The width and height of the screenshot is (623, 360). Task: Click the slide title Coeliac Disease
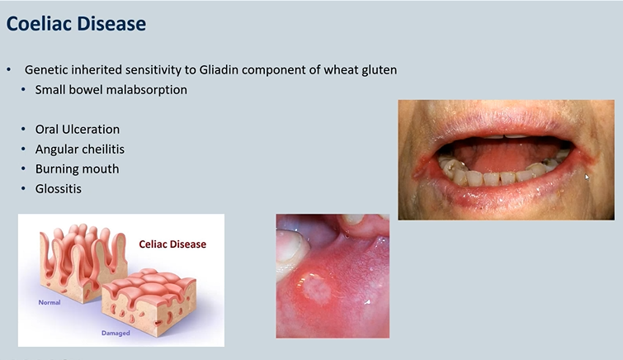(x=76, y=24)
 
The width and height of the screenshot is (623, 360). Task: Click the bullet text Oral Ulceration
(x=77, y=130)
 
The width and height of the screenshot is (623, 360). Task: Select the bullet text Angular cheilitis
(x=79, y=149)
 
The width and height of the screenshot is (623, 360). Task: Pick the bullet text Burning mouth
(x=77, y=168)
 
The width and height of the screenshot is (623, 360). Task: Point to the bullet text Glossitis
(x=58, y=188)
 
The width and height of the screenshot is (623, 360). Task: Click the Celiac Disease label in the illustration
(x=172, y=244)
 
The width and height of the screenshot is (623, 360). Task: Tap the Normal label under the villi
(x=50, y=302)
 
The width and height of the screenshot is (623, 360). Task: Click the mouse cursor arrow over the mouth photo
(x=588, y=177)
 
